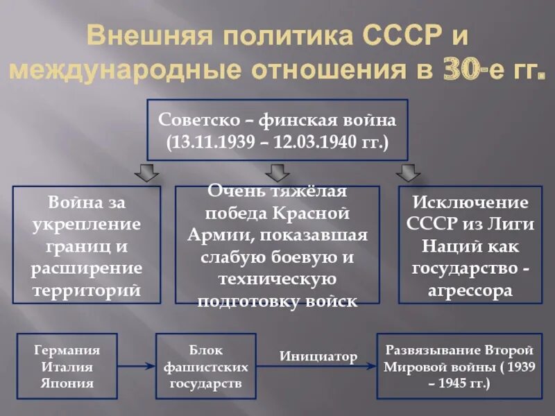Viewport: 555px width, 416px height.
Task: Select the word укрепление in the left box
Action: [x=87, y=224]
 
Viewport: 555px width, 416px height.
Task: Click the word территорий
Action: [x=87, y=291]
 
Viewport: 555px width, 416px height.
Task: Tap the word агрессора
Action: [x=470, y=291]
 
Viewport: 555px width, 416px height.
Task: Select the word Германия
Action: [x=67, y=349]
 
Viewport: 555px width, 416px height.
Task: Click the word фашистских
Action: [x=205, y=367]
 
